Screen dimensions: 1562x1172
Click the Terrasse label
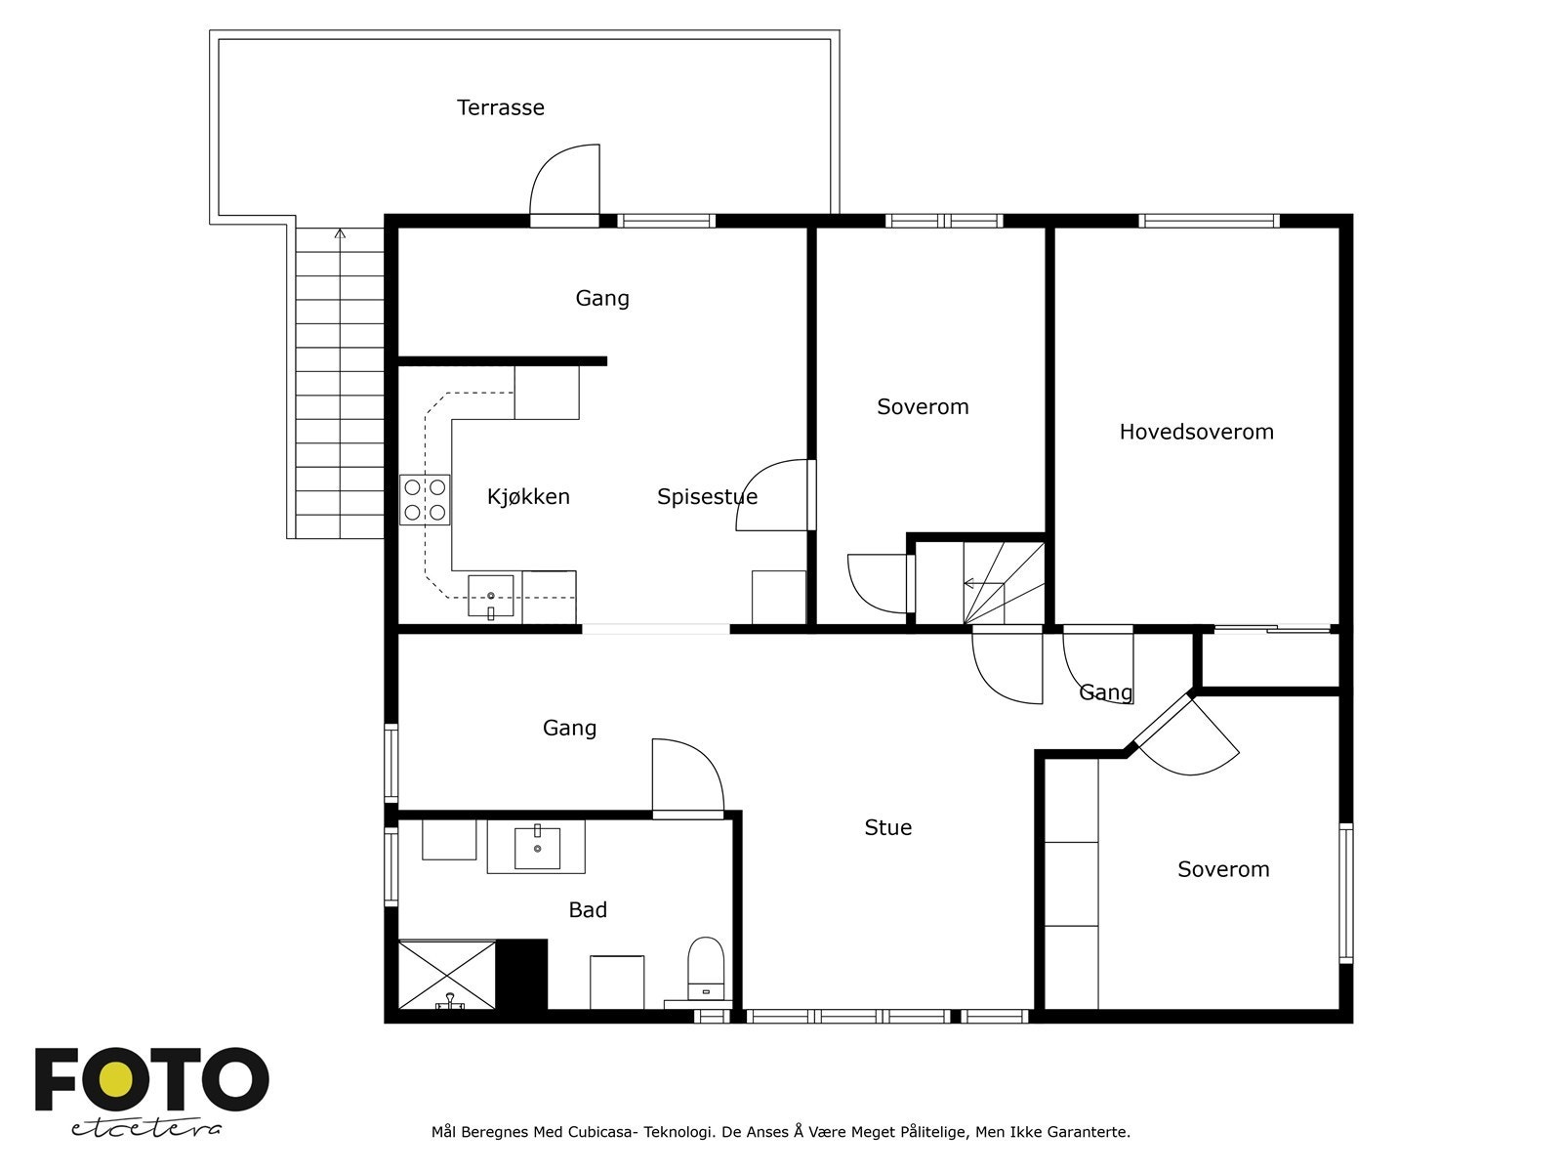point(500,107)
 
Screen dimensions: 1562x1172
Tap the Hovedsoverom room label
point(1196,432)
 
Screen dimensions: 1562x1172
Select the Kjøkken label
point(528,496)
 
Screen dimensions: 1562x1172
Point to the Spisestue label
point(707,496)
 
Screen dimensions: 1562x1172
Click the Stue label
point(887,827)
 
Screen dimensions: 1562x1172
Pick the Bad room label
point(587,909)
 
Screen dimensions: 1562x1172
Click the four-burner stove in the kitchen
point(425,499)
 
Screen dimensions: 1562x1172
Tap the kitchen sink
point(490,597)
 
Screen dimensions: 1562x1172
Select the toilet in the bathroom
point(705,969)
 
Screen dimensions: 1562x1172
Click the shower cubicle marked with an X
point(447,974)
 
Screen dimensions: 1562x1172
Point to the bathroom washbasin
point(537,848)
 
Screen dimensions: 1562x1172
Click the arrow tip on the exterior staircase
point(340,230)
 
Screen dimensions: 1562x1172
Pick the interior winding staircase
point(1004,583)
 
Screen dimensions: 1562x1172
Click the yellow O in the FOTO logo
point(116,1079)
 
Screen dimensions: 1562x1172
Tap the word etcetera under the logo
point(145,1128)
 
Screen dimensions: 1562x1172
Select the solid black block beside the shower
point(521,974)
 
